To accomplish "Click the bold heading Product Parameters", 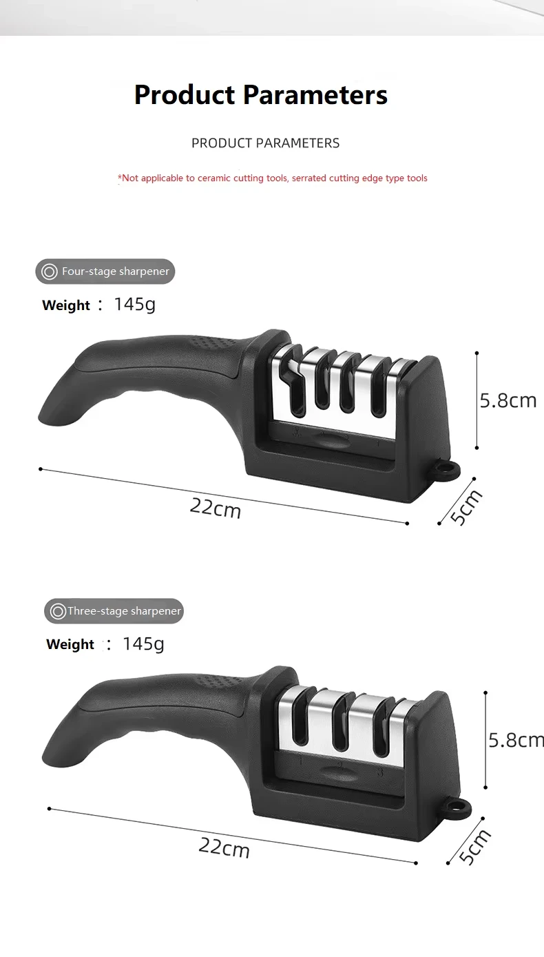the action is tap(261, 95).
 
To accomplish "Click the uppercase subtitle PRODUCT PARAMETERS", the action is tap(265, 143).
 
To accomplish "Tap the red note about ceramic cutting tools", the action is tap(273, 178).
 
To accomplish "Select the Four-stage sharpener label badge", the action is tap(105, 271).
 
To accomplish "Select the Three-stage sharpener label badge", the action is tap(114, 611).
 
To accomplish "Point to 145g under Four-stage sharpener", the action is tap(134, 305).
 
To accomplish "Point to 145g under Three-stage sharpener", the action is tap(143, 644).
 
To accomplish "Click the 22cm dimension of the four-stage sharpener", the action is tap(216, 508).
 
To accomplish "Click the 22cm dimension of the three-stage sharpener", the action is tap(224, 847).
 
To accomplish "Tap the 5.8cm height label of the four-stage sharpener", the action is tap(508, 401).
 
